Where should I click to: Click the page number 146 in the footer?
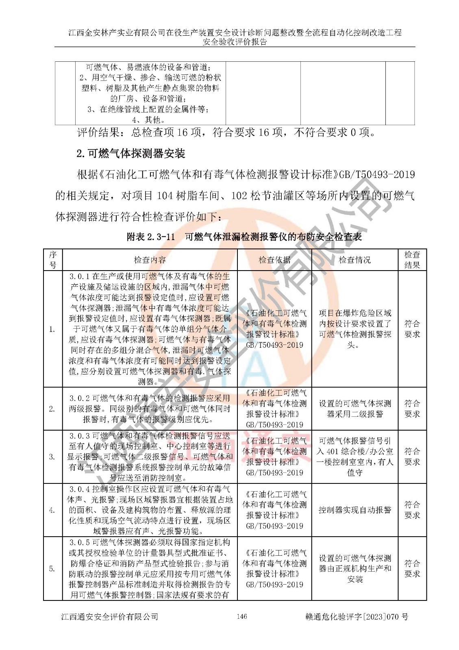[x=241, y=617]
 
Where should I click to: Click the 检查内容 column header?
[x=150, y=260]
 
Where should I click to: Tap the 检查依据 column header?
[x=274, y=260]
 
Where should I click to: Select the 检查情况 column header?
[x=355, y=260]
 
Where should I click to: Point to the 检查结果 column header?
[x=412, y=260]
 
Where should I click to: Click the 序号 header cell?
[x=53, y=260]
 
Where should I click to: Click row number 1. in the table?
[x=52, y=329]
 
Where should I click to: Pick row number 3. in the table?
[x=52, y=457]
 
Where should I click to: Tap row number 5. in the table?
[x=52, y=569]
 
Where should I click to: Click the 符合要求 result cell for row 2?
[x=412, y=409]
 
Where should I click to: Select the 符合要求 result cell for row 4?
[x=412, y=510]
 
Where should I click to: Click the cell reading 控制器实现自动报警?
[x=355, y=510]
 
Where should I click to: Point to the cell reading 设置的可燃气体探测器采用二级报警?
[x=355, y=409]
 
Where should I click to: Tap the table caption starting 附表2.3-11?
[x=244, y=237]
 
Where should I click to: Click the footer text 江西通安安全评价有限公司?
[x=109, y=617]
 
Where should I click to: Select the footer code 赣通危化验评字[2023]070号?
[x=357, y=617]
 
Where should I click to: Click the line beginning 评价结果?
[x=226, y=132]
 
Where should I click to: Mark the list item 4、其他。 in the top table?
[x=148, y=120]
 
